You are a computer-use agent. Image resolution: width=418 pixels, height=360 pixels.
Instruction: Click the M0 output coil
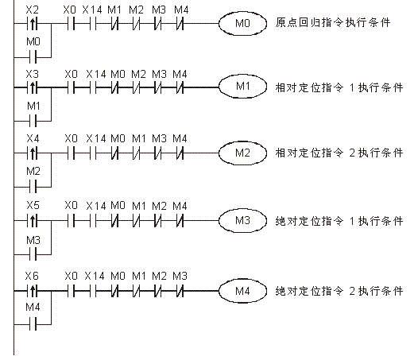242,24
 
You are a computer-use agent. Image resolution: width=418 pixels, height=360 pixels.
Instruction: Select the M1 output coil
242,87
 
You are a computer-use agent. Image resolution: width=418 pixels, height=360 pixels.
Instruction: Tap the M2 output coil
242,153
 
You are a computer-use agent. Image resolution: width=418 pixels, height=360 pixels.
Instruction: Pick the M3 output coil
242,221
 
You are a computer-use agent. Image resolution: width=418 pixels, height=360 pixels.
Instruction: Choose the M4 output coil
242,291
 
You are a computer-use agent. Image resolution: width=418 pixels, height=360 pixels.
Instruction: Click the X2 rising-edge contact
33,24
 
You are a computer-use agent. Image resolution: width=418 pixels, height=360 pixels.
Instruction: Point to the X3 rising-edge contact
33,87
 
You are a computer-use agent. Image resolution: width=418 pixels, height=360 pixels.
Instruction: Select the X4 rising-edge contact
33,153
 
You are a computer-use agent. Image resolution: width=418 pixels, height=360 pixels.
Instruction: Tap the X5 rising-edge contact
33,221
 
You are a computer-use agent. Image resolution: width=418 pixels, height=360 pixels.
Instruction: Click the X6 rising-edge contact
33,291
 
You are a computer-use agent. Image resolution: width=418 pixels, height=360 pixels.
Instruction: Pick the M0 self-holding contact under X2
33,57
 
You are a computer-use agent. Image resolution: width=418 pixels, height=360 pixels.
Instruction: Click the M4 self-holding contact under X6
33,324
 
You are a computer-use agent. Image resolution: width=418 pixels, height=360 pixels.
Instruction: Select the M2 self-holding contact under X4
33,187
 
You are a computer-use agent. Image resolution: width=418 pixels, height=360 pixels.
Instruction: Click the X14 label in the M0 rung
92,10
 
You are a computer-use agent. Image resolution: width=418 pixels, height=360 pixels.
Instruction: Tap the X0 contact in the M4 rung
71,291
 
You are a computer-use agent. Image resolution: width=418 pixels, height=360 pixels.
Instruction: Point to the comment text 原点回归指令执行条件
333,22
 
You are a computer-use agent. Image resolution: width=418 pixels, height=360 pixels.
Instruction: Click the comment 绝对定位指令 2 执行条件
339,291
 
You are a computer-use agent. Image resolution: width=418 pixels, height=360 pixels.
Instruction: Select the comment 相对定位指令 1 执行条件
339,87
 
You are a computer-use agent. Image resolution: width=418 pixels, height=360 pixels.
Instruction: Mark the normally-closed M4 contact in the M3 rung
180,221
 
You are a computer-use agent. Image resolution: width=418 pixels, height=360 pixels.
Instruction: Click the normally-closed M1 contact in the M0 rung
114,24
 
